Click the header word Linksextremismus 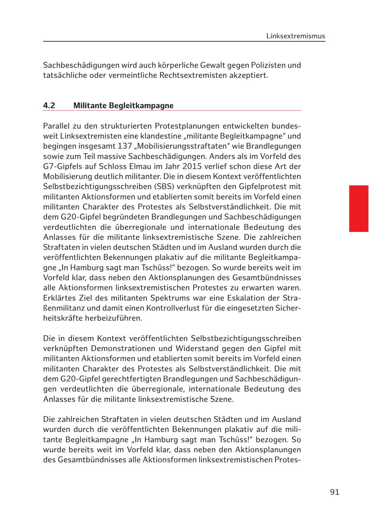click(x=295, y=36)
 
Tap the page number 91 click(x=335, y=492)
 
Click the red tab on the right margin click(x=358, y=209)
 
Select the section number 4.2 click(x=49, y=105)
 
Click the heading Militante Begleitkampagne click(x=123, y=105)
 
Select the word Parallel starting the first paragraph click(x=56, y=126)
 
